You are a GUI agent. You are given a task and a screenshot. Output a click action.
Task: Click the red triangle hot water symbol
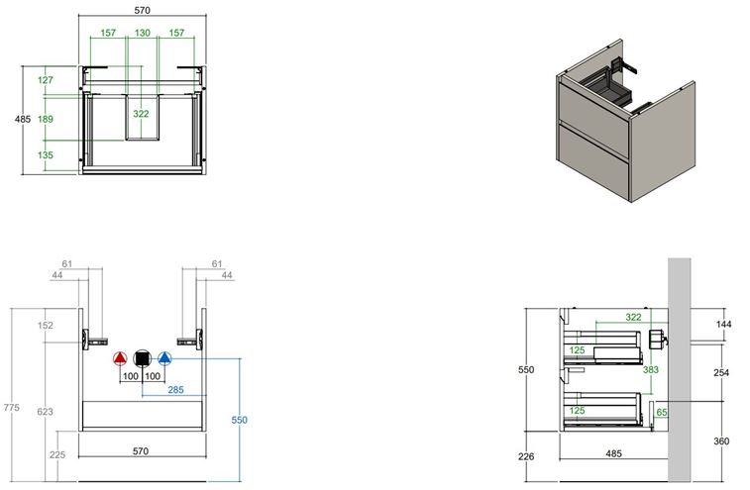120,358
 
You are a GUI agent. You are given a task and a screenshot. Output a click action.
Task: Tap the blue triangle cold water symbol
164,358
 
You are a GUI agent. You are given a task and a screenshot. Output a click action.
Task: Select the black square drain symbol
142,358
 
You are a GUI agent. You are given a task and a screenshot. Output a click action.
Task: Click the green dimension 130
142,33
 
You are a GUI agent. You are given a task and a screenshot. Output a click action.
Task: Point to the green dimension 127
46,80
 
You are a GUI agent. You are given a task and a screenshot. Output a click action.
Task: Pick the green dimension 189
46,119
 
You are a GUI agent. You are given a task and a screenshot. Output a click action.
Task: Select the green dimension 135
46,154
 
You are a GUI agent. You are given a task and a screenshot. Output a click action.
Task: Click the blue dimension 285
175,390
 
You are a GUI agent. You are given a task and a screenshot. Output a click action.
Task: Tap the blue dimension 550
239,420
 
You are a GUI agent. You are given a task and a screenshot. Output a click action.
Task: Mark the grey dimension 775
12,407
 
